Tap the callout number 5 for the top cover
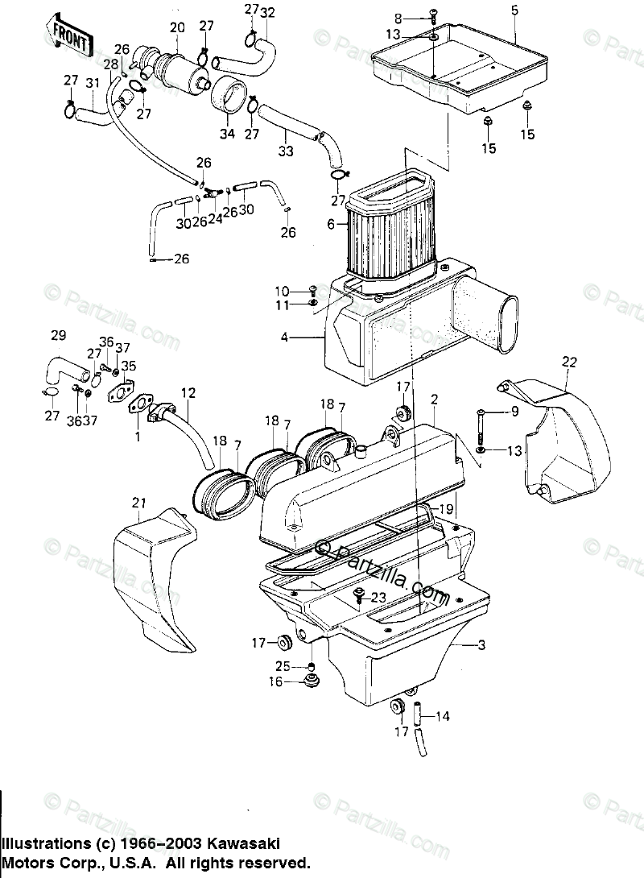[x=514, y=10]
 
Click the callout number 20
[x=177, y=27]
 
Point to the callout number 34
[x=226, y=134]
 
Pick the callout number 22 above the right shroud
[x=569, y=362]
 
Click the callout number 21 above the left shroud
[x=138, y=503]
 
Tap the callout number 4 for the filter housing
[x=284, y=338]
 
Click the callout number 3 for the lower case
[x=481, y=645]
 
